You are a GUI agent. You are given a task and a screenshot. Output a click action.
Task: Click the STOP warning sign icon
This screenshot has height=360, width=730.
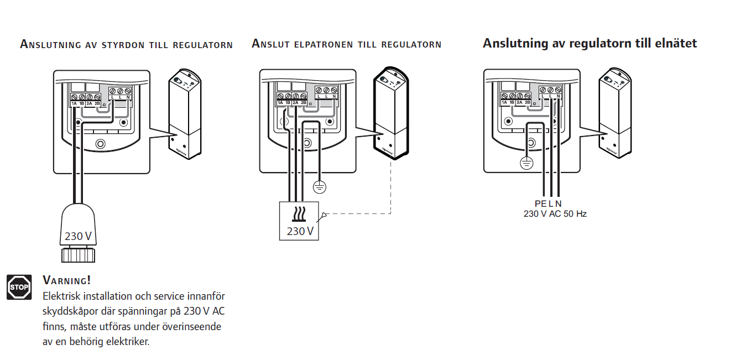click(x=19, y=287)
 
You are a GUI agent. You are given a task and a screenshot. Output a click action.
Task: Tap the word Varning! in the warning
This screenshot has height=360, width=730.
click(x=67, y=280)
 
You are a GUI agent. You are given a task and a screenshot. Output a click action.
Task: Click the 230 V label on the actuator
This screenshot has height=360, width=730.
click(x=78, y=236)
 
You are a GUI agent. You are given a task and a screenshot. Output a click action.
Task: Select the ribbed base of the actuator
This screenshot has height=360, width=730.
click(x=78, y=255)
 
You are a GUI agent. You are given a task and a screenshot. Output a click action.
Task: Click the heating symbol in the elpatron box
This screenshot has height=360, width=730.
click(x=300, y=214)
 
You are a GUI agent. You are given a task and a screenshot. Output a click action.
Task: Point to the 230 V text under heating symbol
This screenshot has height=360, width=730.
click(x=300, y=231)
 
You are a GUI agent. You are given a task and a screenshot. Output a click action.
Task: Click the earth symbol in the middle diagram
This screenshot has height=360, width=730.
click(x=319, y=187)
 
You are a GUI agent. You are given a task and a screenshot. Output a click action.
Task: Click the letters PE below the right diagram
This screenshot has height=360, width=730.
click(x=540, y=204)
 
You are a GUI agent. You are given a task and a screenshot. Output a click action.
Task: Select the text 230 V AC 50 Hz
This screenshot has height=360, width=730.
click(x=555, y=213)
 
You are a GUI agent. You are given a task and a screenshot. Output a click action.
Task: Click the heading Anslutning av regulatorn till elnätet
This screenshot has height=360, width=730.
click(x=590, y=43)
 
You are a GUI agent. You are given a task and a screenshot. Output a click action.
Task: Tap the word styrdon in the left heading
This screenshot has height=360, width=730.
click(x=124, y=45)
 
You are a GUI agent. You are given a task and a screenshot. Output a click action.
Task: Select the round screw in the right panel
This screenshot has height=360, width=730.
click(x=531, y=144)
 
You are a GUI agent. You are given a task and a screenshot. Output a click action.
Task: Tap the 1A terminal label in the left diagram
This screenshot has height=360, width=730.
click(x=74, y=103)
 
